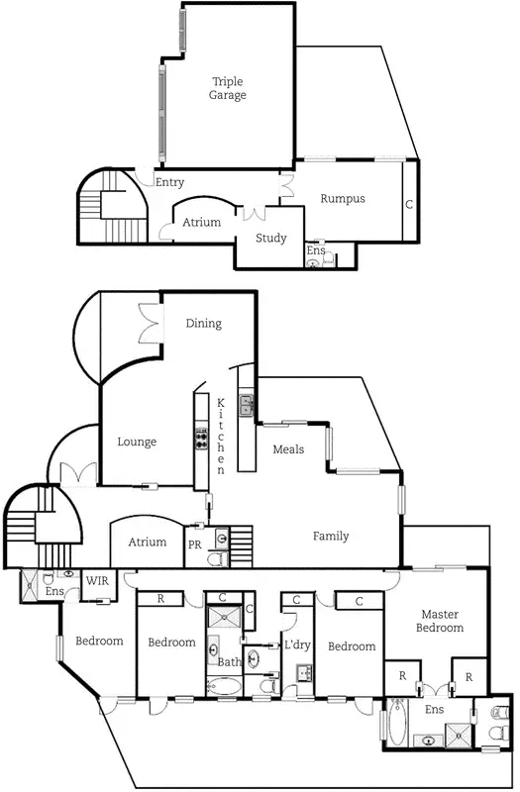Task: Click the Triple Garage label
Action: coord(227,88)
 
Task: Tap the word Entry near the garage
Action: coord(169,182)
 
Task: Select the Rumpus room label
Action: coord(342,199)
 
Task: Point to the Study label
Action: coord(270,239)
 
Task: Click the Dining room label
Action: coord(204,324)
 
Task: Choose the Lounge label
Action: coord(137,442)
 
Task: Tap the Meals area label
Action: coord(288,450)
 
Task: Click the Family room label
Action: coord(331,537)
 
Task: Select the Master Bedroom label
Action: coord(439,621)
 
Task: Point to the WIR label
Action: coord(97,581)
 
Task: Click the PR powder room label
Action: coord(194,544)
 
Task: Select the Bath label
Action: coord(229,662)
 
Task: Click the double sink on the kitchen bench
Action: coord(246,403)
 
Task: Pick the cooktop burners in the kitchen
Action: coord(201,439)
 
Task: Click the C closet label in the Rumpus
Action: coord(408,205)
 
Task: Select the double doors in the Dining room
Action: coord(151,322)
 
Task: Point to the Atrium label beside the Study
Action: coord(201,223)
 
